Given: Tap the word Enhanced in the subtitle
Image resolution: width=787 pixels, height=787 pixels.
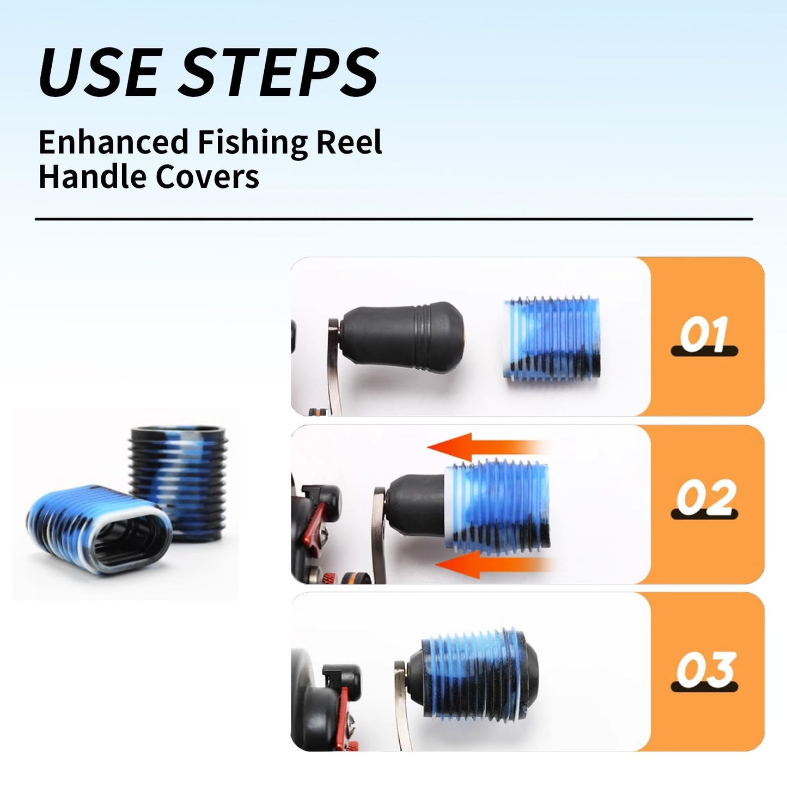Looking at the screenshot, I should tap(113, 142).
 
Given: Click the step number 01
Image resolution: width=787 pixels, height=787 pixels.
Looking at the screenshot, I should tap(704, 335).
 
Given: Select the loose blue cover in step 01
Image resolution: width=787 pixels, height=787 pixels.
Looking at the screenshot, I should tap(551, 340).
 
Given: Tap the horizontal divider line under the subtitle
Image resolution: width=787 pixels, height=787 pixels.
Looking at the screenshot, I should tap(393, 219).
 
